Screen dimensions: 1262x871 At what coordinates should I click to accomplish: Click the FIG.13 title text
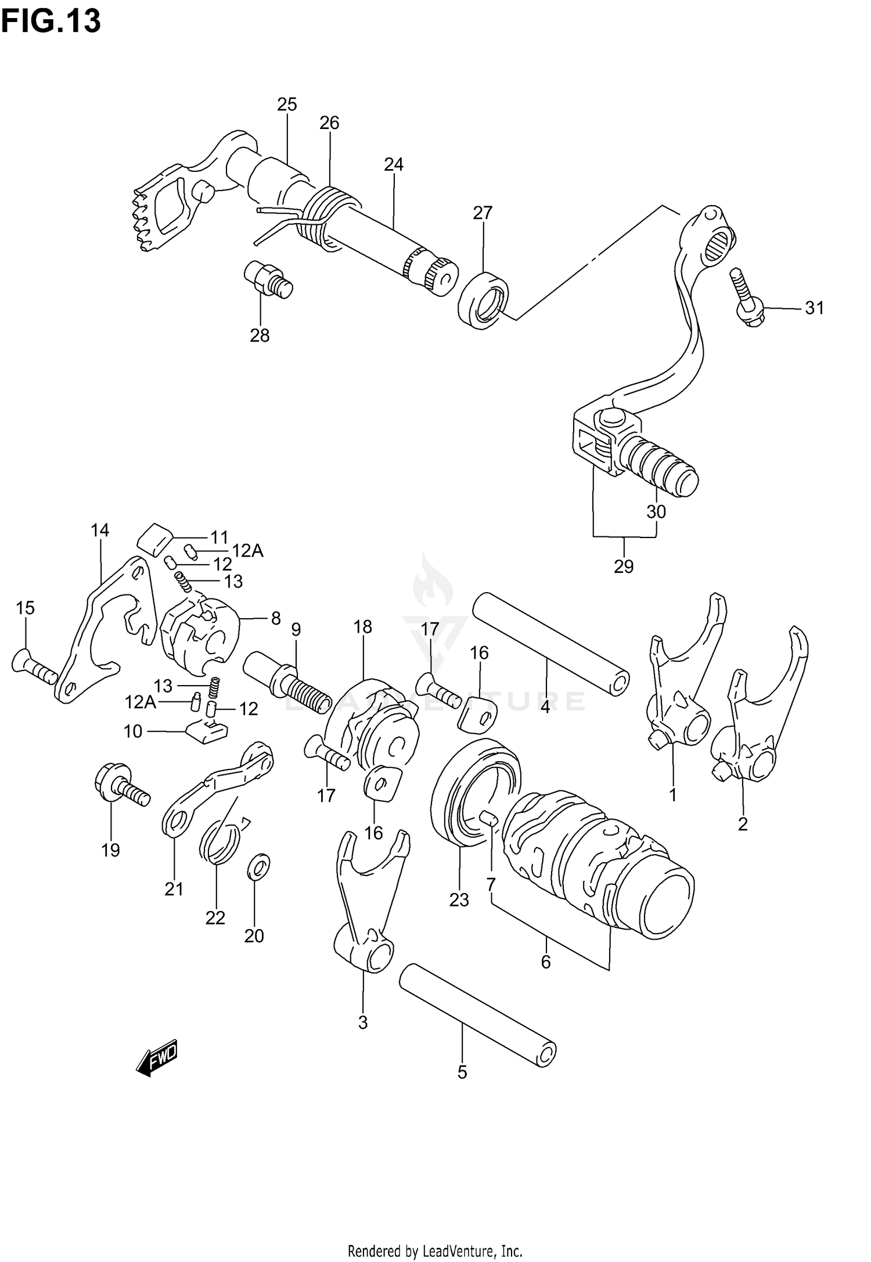pos(51,21)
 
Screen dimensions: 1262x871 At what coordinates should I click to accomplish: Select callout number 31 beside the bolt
pos(814,309)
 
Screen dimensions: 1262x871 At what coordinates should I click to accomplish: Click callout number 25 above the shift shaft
pos(287,105)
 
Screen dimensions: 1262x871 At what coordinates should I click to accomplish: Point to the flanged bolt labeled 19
pos(121,784)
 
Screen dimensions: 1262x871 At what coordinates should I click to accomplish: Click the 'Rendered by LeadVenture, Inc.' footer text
pos(435,1250)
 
